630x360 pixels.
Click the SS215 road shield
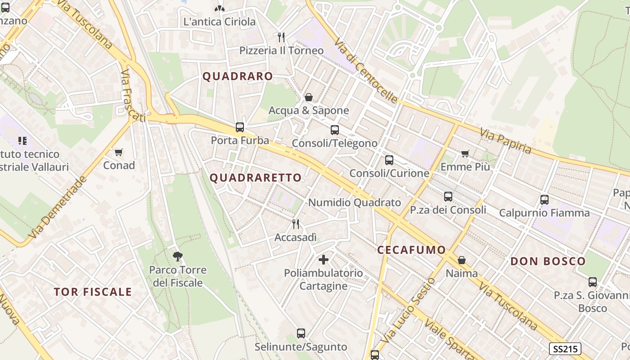coord(565,349)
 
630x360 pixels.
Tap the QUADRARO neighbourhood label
coord(238,76)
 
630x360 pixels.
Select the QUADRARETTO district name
coord(256,178)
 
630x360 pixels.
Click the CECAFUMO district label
coord(411,250)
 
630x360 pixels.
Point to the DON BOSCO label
coord(548,261)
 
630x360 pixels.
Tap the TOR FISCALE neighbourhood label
coord(93,292)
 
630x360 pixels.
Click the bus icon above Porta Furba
coord(240,127)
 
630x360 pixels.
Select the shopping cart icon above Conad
coord(119,153)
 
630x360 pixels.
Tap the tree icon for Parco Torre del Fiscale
coord(178,257)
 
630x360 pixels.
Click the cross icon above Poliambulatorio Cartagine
coord(323,260)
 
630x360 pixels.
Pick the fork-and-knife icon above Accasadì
coord(296,224)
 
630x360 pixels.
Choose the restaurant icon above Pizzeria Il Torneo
coord(281,37)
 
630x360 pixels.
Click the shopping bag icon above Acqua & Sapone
coord(309,97)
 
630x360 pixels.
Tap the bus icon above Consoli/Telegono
coord(335,130)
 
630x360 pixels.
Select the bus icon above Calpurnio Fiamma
coord(544,199)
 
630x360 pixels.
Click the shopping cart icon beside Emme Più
coord(465,154)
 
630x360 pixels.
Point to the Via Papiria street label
coord(505,140)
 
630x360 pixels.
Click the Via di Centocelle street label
coord(365,70)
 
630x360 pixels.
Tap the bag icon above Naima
coord(462,260)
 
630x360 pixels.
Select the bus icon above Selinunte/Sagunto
coord(301,333)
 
